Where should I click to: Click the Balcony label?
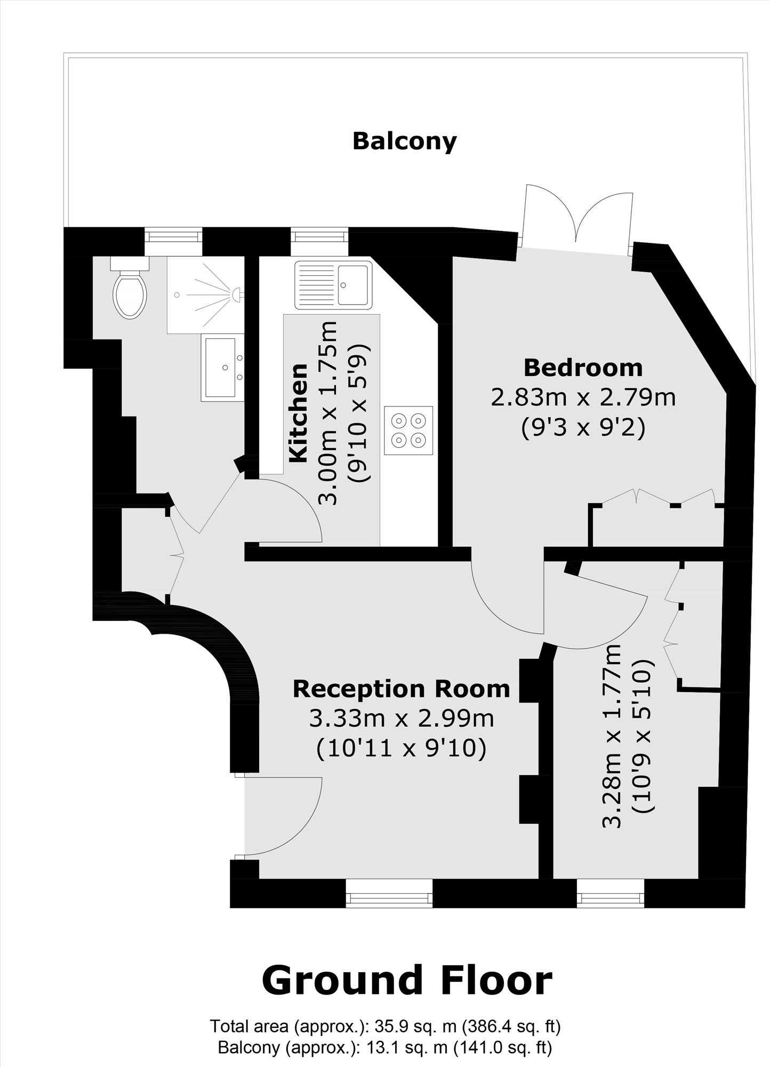coord(405,142)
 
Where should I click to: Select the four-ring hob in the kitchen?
coord(408,431)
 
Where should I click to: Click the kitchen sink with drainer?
coord(333,285)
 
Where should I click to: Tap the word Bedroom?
coord(583,368)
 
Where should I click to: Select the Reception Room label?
coord(401,689)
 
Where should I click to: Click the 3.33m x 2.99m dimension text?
coord(401,718)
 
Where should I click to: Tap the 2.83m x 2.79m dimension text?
coord(583,397)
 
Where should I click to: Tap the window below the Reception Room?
coord(389,893)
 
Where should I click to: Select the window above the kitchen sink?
coord(319,242)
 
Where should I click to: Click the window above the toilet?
coord(174,242)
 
